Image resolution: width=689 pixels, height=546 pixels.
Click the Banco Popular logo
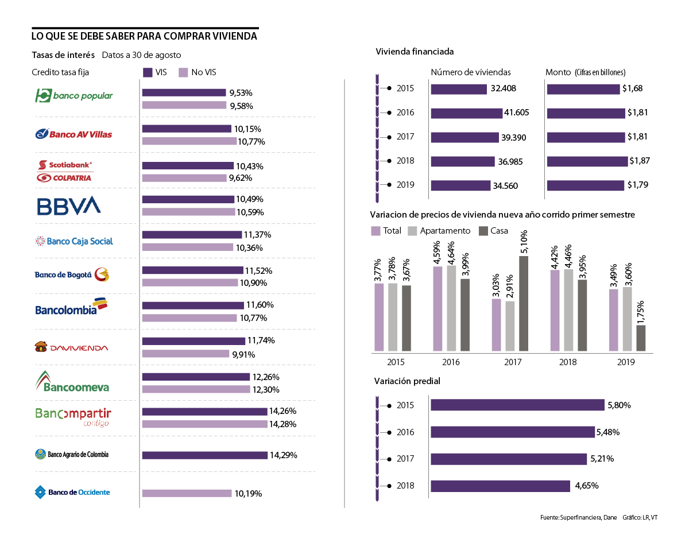tap(74, 95)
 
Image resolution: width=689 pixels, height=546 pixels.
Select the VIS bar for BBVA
tap(188, 199)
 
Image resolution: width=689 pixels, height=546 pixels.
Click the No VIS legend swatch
tap(183, 72)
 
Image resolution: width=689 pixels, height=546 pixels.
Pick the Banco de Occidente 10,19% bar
tap(187, 493)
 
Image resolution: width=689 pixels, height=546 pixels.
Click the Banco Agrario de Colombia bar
tap(204, 455)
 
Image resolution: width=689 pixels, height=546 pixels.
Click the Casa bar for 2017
tap(524, 303)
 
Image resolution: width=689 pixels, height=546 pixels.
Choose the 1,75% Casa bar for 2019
tap(641, 338)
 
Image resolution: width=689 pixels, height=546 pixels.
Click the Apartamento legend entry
tap(439, 231)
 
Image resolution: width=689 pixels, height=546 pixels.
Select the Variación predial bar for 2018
tap(500, 486)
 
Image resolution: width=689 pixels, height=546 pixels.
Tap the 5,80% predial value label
tap(619, 405)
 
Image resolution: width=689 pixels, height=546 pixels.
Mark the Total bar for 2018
tap(555, 310)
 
